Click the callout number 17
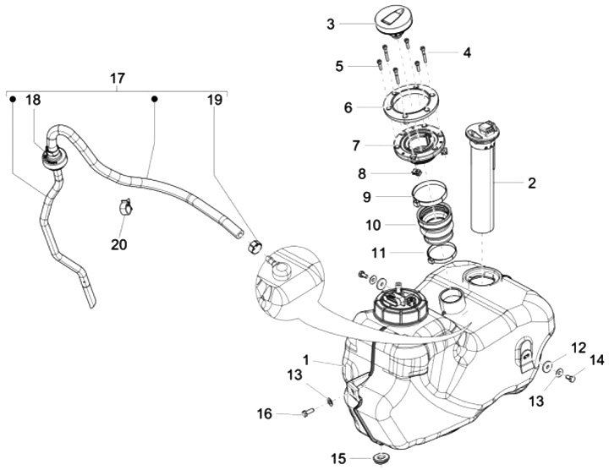118,79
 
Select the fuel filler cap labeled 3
393,24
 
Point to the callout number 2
532,183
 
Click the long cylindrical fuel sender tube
482,178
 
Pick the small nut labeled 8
417,171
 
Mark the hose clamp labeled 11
442,254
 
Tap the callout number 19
215,100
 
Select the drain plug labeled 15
381,458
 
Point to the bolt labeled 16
307,413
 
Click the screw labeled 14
570,375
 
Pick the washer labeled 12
547,365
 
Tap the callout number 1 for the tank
306,360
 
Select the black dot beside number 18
13,100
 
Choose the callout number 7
356,146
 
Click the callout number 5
339,67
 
